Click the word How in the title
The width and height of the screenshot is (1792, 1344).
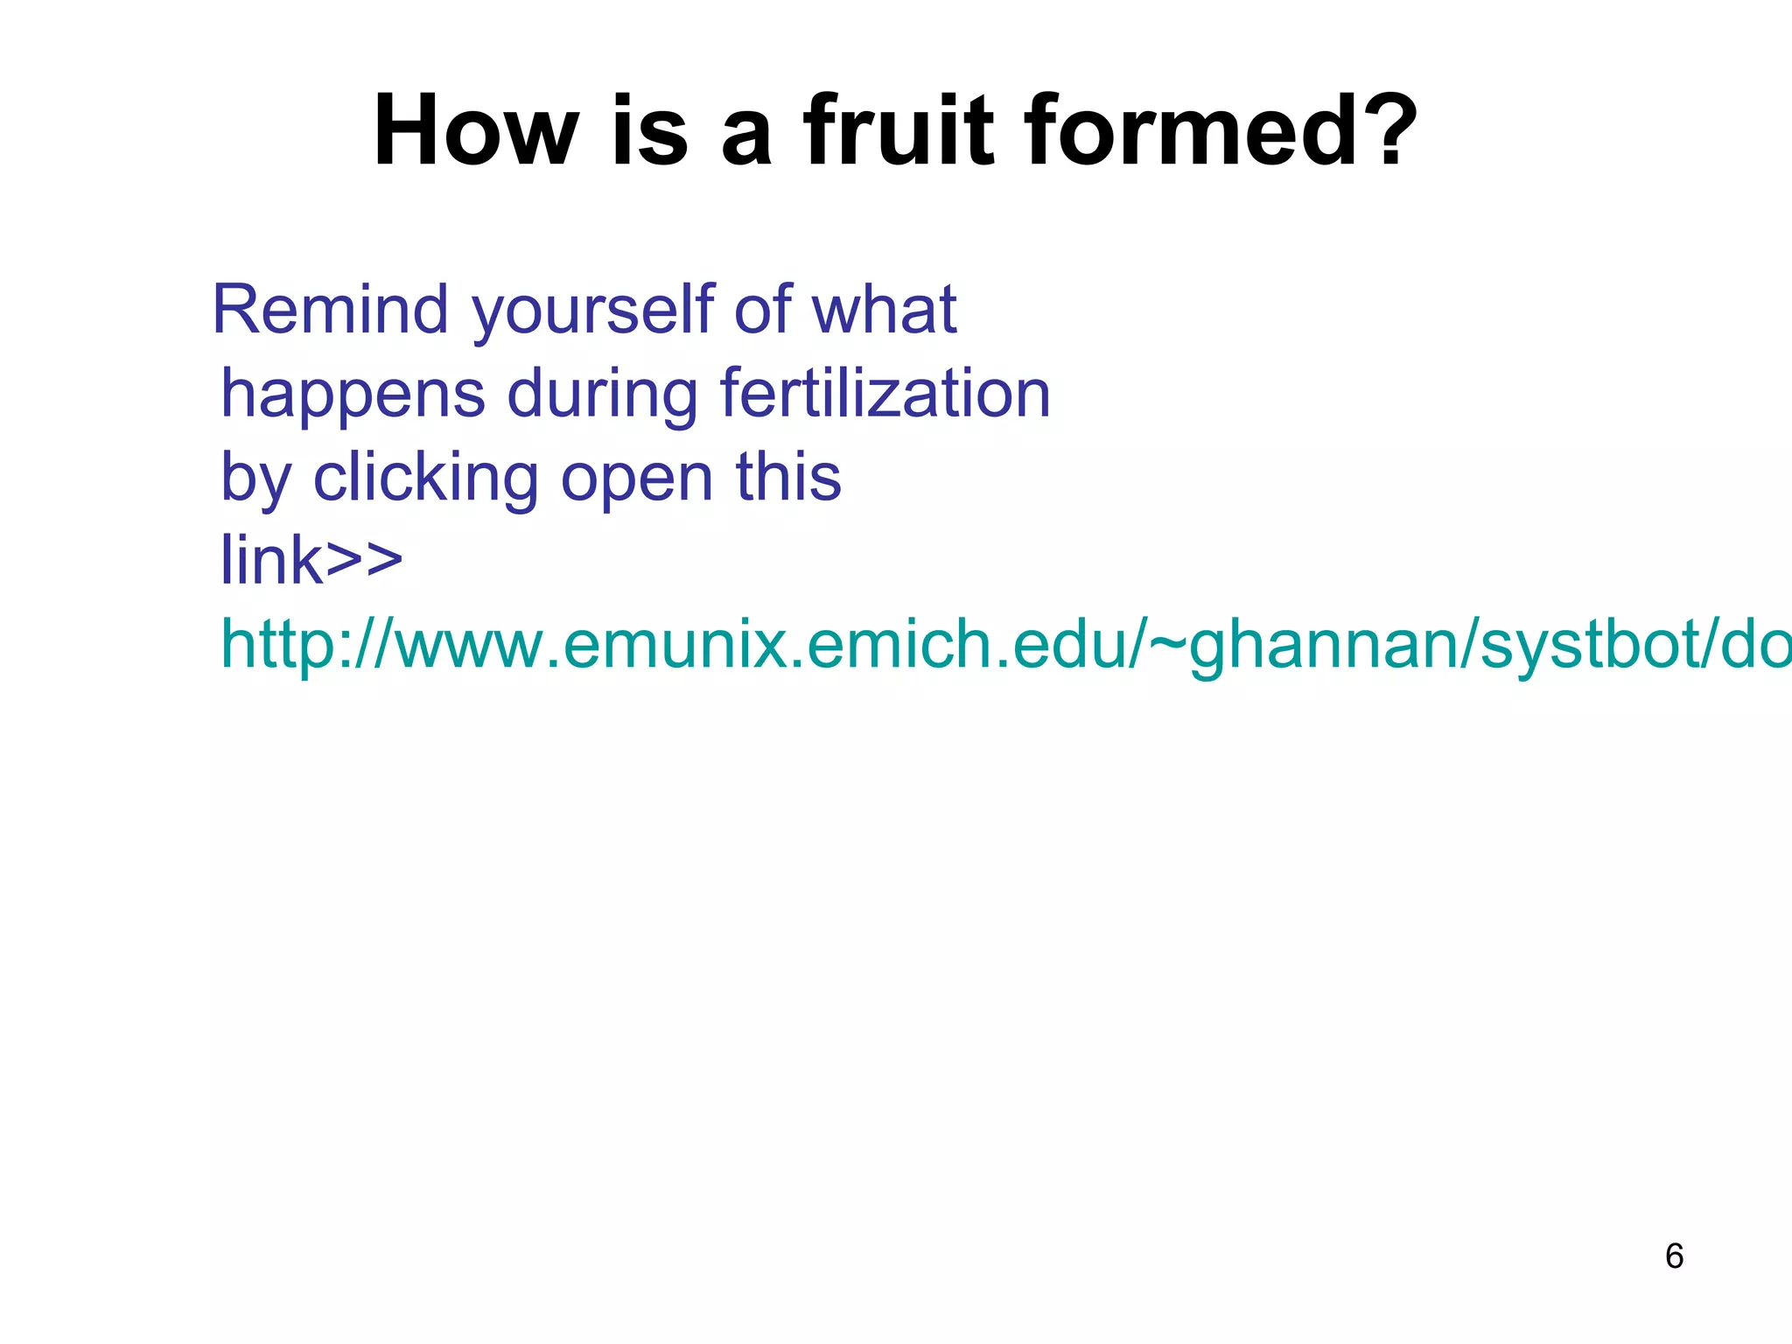tap(475, 131)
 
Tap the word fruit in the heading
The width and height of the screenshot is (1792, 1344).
tap(899, 131)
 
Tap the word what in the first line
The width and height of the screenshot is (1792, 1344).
tap(884, 310)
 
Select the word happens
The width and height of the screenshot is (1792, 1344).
tap(353, 394)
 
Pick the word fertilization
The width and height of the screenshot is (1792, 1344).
tap(885, 394)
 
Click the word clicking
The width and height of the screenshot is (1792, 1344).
tap(425, 478)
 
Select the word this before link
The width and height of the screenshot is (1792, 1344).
tap(787, 478)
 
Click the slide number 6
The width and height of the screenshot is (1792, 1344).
tap(1674, 1256)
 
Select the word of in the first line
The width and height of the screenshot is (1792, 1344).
tap(762, 310)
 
